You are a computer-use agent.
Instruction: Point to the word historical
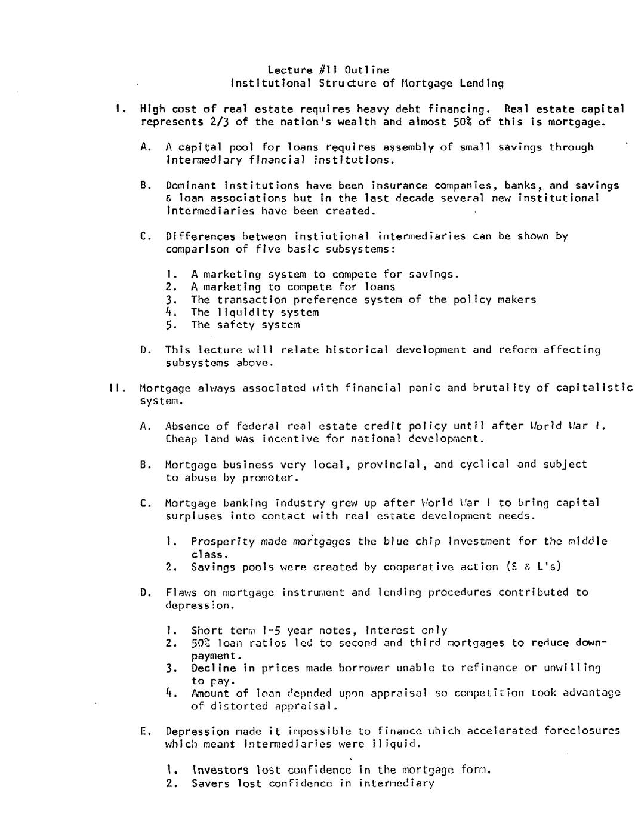pyautogui.click(x=357, y=350)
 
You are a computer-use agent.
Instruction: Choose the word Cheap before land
pyautogui.click(x=181, y=439)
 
